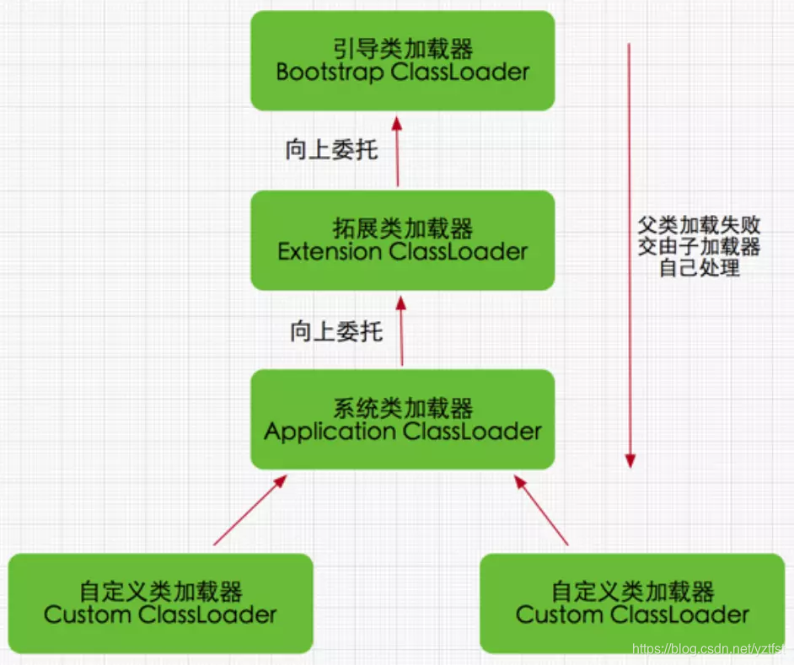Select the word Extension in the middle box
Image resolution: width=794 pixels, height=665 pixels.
330,251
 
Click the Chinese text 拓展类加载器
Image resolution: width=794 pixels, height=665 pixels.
402,228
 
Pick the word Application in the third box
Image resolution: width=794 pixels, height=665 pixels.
330,432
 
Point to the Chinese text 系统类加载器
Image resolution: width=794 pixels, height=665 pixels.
402,409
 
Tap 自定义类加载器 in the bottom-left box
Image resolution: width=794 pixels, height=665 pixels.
160,590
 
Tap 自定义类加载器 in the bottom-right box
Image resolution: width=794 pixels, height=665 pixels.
632,590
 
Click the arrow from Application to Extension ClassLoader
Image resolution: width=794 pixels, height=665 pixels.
402,330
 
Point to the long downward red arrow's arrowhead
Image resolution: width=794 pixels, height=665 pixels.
630,460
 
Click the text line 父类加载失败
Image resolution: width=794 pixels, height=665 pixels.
699,225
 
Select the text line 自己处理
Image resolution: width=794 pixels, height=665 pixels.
699,269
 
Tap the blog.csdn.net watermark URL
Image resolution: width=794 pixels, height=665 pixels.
708,648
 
